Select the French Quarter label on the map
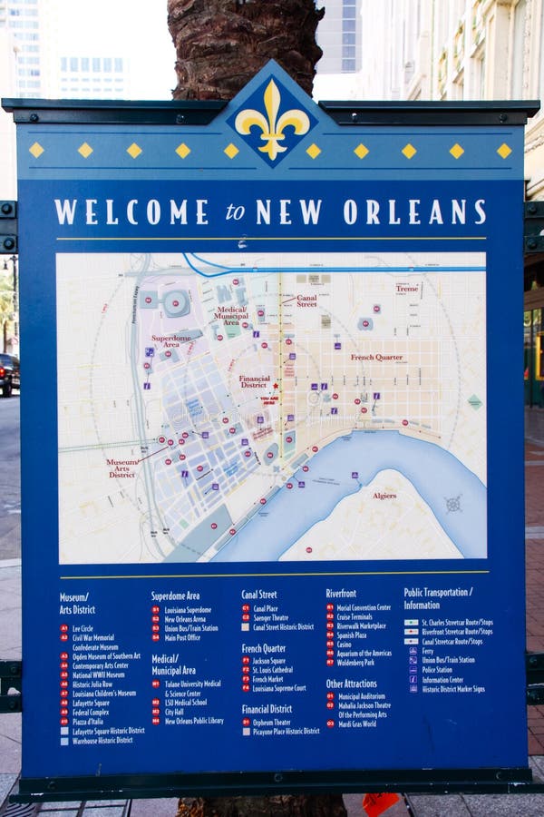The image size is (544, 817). (376, 358)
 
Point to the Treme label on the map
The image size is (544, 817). (406, 289)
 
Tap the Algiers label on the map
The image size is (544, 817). (384, 496)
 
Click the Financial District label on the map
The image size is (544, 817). (255, 381)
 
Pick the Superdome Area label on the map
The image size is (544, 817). (170, 341)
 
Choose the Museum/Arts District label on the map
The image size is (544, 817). (122, 468)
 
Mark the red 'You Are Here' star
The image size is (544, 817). (276, 387)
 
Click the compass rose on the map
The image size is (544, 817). (453, 504)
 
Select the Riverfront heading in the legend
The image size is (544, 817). (341, 594)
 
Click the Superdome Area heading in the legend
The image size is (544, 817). (175, 596)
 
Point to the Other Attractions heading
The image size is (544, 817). (352, 684)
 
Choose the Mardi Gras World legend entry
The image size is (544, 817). (356, 723)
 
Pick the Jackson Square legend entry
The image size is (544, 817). (269, 661)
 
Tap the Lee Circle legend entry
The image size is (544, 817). (83, 628)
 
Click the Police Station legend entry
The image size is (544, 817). (437, 669)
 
